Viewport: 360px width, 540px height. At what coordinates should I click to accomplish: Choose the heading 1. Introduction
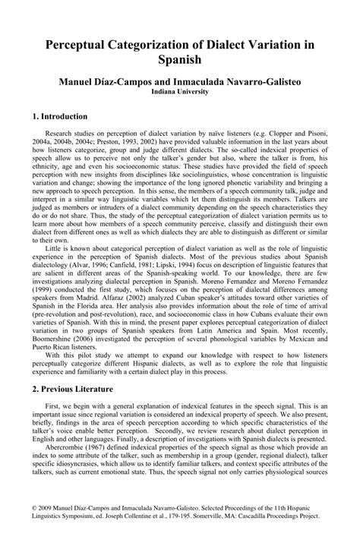click(x=61, y=117)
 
